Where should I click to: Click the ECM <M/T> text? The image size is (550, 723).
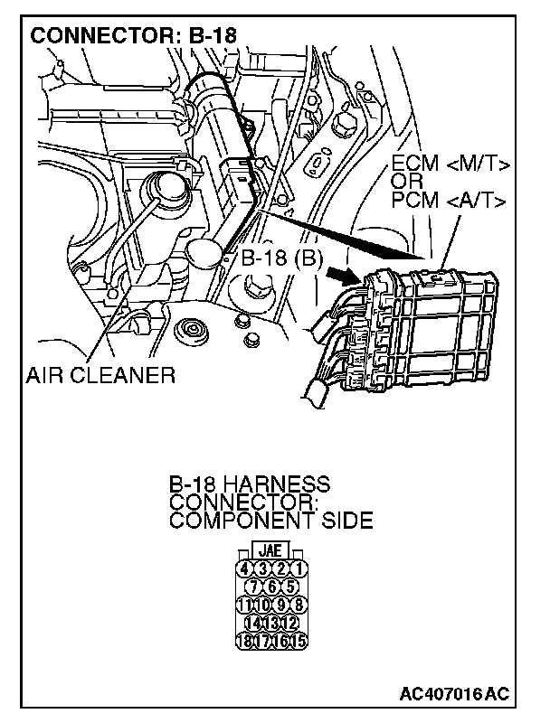coord(450,165)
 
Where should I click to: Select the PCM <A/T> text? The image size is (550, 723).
coord(449,200)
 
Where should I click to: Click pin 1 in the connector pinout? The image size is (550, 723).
coord(298,568)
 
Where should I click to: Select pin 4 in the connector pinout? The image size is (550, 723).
coord(243,568)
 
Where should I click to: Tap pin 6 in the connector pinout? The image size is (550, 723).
coord(270,587)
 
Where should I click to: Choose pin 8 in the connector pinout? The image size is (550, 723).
coord(298,605)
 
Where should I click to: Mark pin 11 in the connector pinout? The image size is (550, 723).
coord(243,605)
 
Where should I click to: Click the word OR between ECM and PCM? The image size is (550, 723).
coord(406,183)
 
